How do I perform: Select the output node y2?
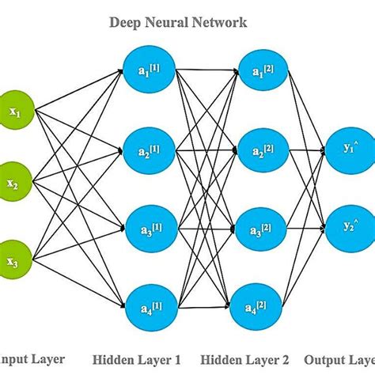(x=349, y=225)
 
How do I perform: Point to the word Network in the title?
(x=217, y=23)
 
